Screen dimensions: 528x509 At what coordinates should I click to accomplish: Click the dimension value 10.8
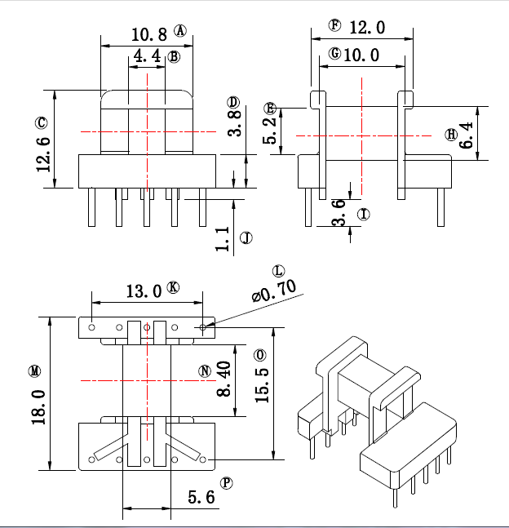pos(148,34)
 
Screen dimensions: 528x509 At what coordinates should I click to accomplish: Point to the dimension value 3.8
pos(233,123)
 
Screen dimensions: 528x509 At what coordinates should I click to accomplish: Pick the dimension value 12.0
pos(366,28)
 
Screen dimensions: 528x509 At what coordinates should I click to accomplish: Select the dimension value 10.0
pos(361,55)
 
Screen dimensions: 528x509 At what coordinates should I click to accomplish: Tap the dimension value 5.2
pos(270,130)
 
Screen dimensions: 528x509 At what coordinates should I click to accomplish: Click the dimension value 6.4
pos(467,135)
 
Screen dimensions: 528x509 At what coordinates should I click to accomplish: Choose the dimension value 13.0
pos(144,291)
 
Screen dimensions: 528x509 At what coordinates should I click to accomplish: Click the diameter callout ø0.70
pos(275,291)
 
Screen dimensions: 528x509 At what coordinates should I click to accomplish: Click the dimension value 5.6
pos(201,496)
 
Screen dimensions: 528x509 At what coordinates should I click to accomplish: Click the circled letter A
pos(179,31)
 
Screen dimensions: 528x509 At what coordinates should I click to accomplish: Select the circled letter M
pos(34,371)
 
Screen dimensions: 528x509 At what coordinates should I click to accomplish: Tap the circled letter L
pos(279,270)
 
